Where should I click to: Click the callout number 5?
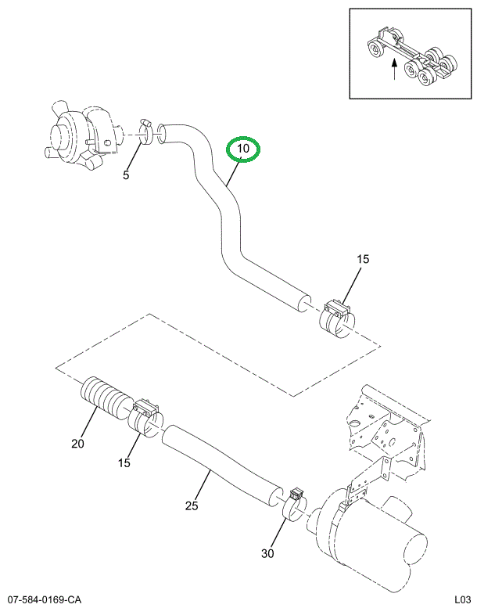[125, 175]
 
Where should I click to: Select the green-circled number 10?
[242, 148]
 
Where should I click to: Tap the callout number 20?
[77, 444]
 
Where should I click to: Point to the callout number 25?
[191, 505]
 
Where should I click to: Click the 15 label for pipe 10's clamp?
[363, 259]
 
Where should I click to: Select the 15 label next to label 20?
[124, 463]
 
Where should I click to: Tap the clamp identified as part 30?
[294, 505]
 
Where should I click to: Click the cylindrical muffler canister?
[375, 540]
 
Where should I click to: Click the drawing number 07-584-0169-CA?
[45, 599]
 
